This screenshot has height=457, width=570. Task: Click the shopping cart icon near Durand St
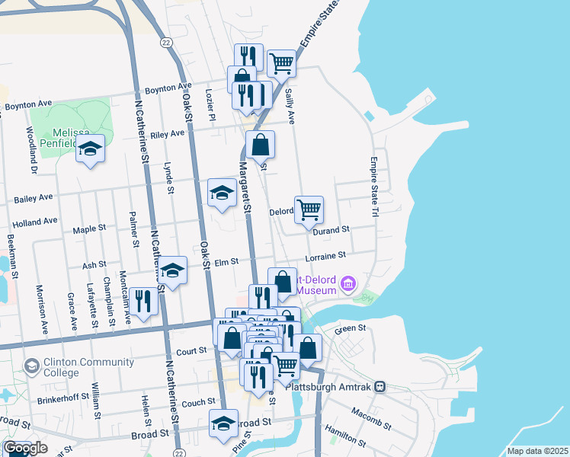click(x=309, y=209)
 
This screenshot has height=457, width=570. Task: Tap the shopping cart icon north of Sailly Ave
click(x=281, y=63)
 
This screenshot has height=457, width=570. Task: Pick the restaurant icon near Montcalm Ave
click(x=143, y=300)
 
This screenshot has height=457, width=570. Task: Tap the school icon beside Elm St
click(x=173, y=269)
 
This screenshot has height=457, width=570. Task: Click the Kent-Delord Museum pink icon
click(x=349, y=284)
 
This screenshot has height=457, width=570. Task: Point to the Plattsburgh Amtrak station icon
click(x=379, y=386)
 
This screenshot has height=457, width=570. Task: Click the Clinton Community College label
click(x=61, y=367)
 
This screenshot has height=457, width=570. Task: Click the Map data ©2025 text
click(x=536, y=451)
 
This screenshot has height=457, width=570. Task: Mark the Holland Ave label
click(x=35, y=222)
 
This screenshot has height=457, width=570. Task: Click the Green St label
click(x=351, y=329)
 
